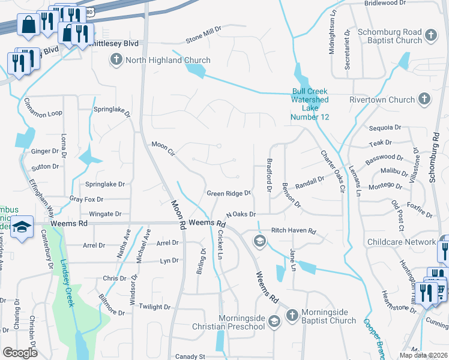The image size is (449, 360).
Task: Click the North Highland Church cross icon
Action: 116,60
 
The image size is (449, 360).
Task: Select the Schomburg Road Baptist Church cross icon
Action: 430,36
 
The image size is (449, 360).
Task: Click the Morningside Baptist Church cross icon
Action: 291,315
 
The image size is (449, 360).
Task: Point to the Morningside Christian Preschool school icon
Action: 274,321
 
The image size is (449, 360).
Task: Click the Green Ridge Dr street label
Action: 228,193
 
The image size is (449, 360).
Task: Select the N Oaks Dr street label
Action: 241,214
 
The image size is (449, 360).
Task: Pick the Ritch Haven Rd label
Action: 294,230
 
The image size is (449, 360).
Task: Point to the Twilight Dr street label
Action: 155,307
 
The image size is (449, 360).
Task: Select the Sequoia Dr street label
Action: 385,127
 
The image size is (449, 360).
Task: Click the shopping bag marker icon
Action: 28,25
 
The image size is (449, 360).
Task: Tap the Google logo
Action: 20,352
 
